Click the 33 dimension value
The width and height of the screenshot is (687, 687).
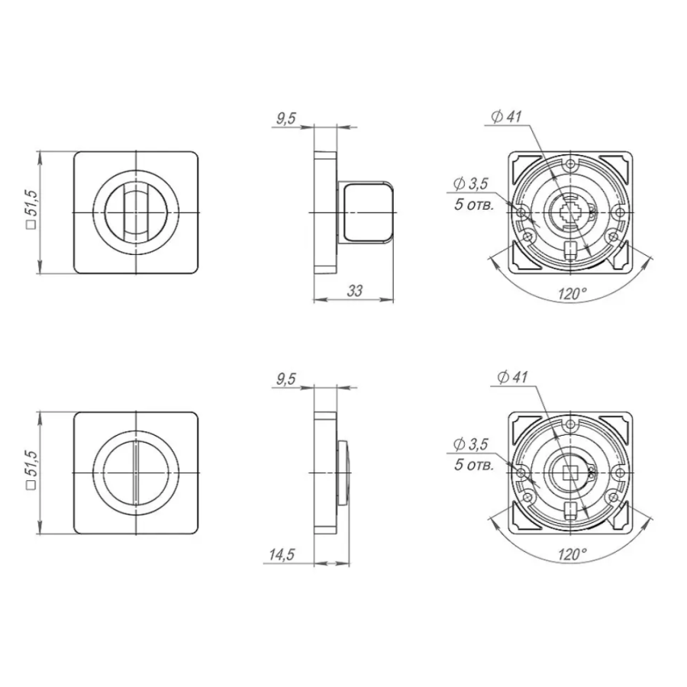pos(355,291)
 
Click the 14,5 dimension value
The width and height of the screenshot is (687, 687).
pos(282,555)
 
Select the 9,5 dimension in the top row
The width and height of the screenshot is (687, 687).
pos(286,118)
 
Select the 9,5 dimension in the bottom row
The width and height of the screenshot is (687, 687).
pos(286,379)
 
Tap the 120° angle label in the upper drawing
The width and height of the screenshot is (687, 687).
pos(572,294)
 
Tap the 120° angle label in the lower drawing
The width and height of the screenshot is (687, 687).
pos(572,554)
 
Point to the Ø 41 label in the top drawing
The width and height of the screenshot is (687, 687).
pos(507,117)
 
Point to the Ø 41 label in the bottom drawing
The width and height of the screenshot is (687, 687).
pos(513,377)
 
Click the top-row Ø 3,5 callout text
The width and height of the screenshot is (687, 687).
pos(470,183)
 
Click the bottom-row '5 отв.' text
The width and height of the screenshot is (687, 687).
pos(474,464)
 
